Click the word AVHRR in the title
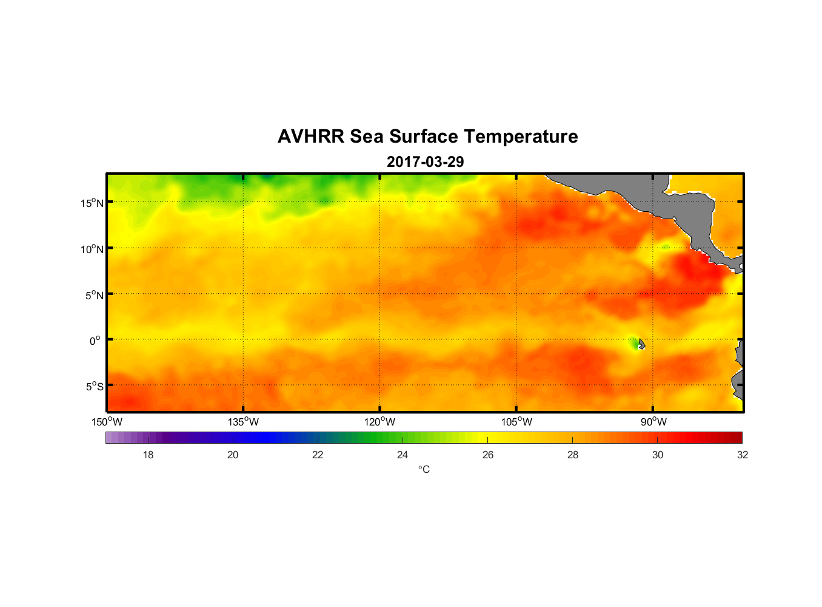(x=310, y=137)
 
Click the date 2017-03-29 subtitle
(x=425, y=162)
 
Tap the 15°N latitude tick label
(x=92, y=203)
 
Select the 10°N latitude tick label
(x=92, y=249)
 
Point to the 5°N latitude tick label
(x=94, y=295)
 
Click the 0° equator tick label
(x=95, y=341)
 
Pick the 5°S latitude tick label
(x=94, y=387)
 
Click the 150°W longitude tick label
(x=107, y=422)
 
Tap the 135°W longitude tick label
(x=243, y=422)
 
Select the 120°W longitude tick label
(x=379, y=422)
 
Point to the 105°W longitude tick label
(x=516, y=422)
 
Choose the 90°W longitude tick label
(x=653, y=422)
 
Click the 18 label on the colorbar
(x=148, y=455)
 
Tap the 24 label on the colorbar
(x=403, y=455)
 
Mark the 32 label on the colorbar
(x=743, y=455)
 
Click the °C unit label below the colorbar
(x=424, y=470)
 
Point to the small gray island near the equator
(x=641, y=344)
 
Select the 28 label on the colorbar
(x=573, y=455)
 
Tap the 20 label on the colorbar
(x=233, y=455)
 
